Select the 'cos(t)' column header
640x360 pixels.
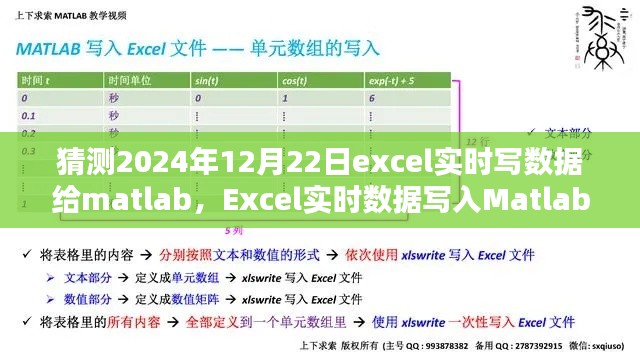(x=295, y=81)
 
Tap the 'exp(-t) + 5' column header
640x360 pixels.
(x=392, y=81)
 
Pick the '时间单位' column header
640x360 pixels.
(x=130, y=81)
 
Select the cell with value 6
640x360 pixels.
(x=372, y=98)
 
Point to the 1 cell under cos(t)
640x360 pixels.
(x=286, y=98)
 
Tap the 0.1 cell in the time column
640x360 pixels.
(x=29, y=115)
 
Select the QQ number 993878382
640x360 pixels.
(x=455, y=347)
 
